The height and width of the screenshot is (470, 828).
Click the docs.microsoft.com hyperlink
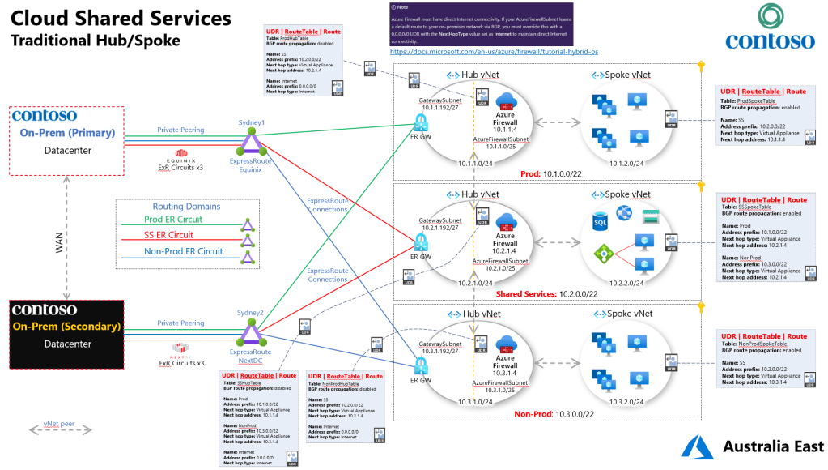click(494, 51)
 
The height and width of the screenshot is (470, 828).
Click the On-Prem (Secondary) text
click(65, 327)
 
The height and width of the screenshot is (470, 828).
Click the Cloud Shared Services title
click(121, 18)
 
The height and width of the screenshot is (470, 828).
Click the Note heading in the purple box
click(403, 7)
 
